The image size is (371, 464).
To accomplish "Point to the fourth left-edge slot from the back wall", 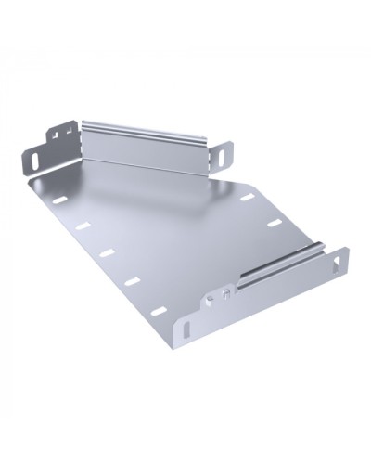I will point(133,279).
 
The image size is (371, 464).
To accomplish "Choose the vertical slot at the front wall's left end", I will point(189,328).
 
